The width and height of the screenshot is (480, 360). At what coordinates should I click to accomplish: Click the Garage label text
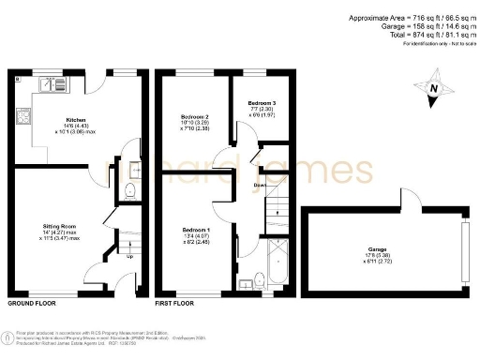tap(379, 249)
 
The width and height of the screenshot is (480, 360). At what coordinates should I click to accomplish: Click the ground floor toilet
tap(130, 193)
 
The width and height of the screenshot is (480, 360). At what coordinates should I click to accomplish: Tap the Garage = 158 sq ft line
tap(420, 26)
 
